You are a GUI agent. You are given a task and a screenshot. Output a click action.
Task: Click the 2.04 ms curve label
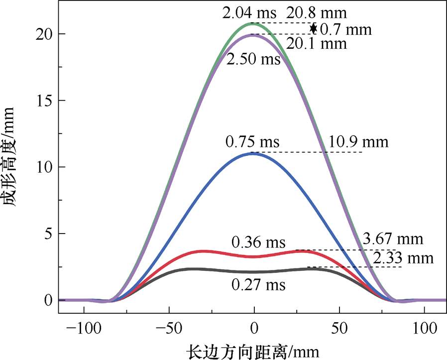click(246, 12)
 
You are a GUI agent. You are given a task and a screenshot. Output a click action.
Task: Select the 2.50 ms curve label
click(253, 60)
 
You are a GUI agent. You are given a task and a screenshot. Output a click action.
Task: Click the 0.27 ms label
click(258, 285)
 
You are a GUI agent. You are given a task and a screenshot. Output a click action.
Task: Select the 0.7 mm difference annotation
click(345, 29)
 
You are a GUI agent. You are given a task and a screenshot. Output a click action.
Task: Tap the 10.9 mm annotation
click(358, 142)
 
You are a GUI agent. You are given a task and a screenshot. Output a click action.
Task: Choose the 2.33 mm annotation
click(403, 258)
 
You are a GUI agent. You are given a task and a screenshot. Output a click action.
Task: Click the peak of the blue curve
click(254, 153)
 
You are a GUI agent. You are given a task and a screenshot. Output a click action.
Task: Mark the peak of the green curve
click(254, 23)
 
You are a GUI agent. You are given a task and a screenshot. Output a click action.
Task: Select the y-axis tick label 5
click(48, 234)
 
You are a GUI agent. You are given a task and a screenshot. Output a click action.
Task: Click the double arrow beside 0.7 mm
click(313, 28)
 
